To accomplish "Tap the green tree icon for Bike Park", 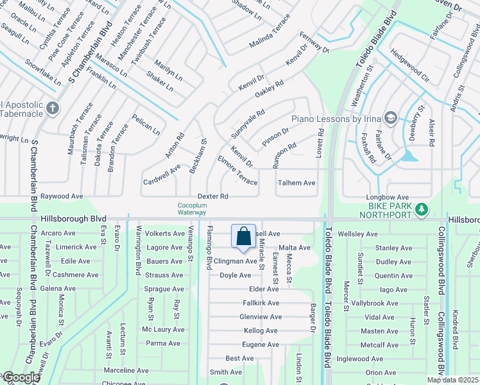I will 422,209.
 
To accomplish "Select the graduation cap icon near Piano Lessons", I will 390,117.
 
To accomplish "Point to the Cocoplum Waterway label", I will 192,209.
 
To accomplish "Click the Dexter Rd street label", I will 213,196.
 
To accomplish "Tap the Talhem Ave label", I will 296,183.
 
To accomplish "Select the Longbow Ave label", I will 388,197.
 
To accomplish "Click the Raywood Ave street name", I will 62,196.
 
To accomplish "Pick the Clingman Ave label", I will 236,261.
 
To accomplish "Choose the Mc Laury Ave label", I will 163,329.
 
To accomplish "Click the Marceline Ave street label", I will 126,370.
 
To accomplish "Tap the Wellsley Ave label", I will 360,234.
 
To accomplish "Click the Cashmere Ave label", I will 75,275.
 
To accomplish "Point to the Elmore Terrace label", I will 237,170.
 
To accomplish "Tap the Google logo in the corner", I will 21,377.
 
